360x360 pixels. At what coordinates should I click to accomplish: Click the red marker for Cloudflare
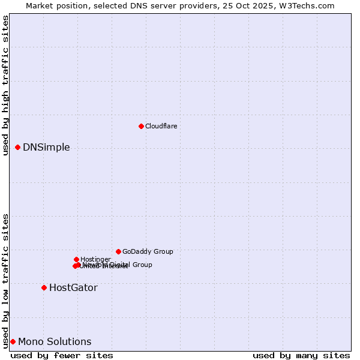pos(141,126)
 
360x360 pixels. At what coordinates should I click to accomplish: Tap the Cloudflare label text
pos(161,126)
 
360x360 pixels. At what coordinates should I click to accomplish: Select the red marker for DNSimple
pos(17,147)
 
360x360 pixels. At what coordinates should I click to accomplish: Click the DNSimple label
pos(46,148)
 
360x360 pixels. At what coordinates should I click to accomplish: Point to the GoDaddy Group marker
pos(118,251)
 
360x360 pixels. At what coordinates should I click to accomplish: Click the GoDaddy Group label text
pos(148,251)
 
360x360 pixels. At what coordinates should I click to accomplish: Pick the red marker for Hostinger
pos(76,259)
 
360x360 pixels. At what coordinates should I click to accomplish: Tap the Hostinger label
pos(95,259)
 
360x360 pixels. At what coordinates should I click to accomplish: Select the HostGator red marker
pos(44,287)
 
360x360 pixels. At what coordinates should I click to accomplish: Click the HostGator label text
pos(73,288)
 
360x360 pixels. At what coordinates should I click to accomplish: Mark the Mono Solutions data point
pos(13,341)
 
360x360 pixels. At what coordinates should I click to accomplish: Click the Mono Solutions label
pos(55,342)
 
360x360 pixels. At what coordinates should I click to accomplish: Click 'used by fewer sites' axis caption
pos(62,355)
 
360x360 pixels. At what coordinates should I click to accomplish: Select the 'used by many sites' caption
pos(301,355)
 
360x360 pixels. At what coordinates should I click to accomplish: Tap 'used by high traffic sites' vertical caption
pos(6,85)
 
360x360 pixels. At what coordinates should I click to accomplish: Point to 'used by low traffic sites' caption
pos(6,281)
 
